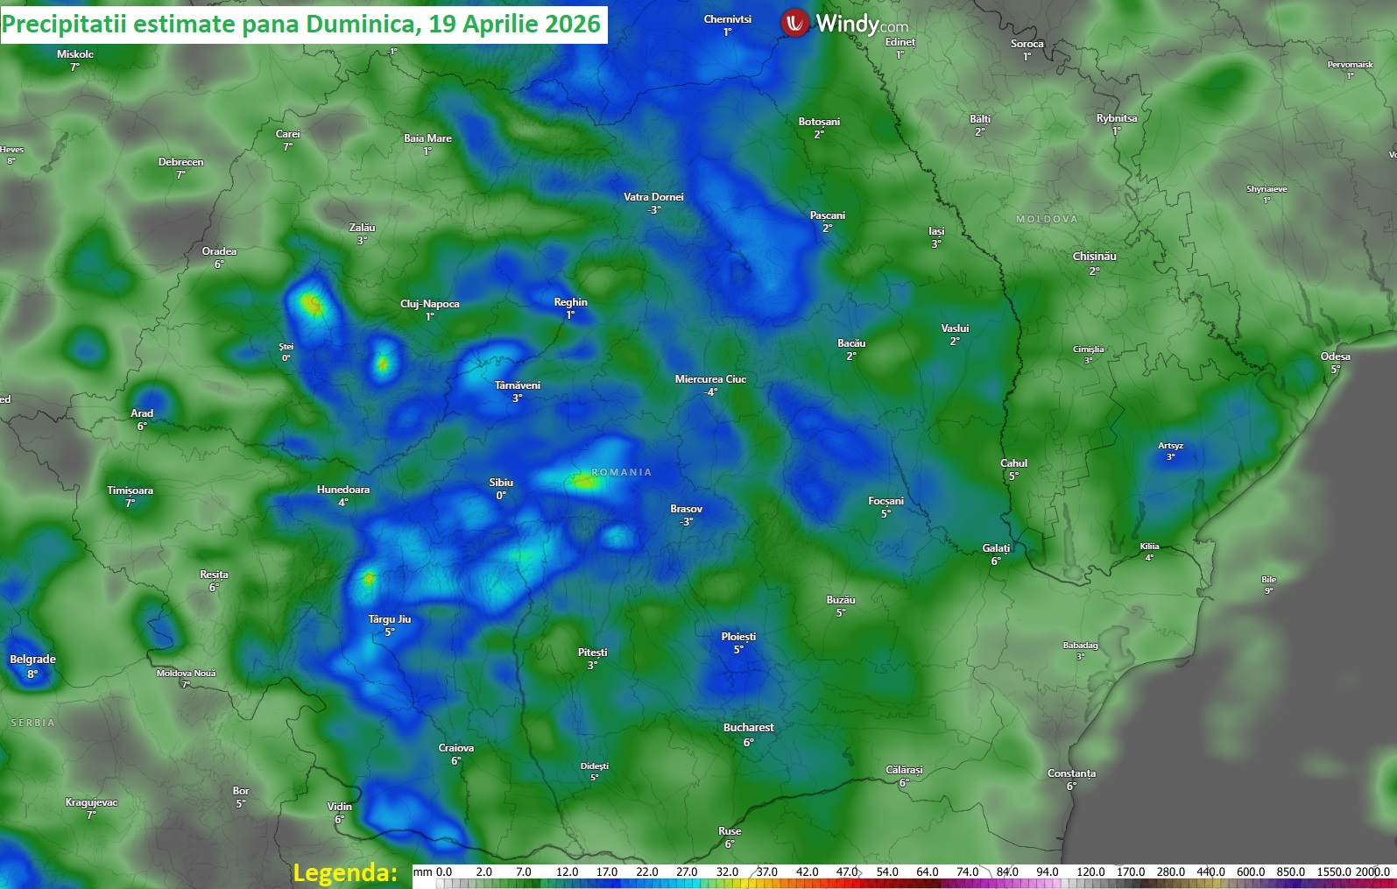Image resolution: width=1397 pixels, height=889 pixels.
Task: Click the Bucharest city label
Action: pyautogui.click(x=748, y=728)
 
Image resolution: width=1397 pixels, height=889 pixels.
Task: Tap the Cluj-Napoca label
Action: pyautogui.click(x=429, y=304)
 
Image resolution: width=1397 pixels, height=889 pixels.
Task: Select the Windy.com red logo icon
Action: pyautogui.click(x=794, y=23)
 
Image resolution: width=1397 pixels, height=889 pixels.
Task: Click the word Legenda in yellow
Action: pyautogui.click(x=344, y=872)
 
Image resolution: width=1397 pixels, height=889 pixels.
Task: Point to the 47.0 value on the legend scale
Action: pyautogui.click(x=846, y=871)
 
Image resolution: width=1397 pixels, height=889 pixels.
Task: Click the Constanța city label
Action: pyautogui.click(x=1071, y=773)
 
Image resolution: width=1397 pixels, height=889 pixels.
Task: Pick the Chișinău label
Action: pyautogui.click(x=1094, y=257)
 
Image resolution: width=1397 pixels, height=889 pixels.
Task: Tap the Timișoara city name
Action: pyautogui.click(x=130, y=490)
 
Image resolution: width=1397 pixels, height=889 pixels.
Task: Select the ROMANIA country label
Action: pyautogui.click(x=621, y=472)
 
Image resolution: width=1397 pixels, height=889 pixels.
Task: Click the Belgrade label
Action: pyautogui.click(x=32, y=660)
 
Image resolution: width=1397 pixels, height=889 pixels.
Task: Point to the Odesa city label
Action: pyautogui.click(x=1335, y=356)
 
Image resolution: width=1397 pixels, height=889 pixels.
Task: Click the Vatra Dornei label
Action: pyautogui.click(x=653, y=197)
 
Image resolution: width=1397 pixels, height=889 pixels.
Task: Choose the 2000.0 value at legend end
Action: pyautogui.click(x=1372, y=871)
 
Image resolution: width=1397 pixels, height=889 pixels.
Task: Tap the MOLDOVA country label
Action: pyautogui.click(x=1047, y=219)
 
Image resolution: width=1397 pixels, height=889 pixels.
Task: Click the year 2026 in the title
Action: pyautogui.click(x=573, y=24)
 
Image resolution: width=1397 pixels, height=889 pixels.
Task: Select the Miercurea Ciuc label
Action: pyautogui.click(x=710, y=379)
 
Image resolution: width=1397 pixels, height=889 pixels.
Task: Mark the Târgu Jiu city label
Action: pyautogui.click(x=389, y=619)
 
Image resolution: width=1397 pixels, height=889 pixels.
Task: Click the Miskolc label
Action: pyautogui.click(x=74, y=54)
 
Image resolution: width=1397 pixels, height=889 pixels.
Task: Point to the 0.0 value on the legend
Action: pyautogui.click(x=444, y=871)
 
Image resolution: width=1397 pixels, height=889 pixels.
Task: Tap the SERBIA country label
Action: pyautogui.click(x=32, y=723)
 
